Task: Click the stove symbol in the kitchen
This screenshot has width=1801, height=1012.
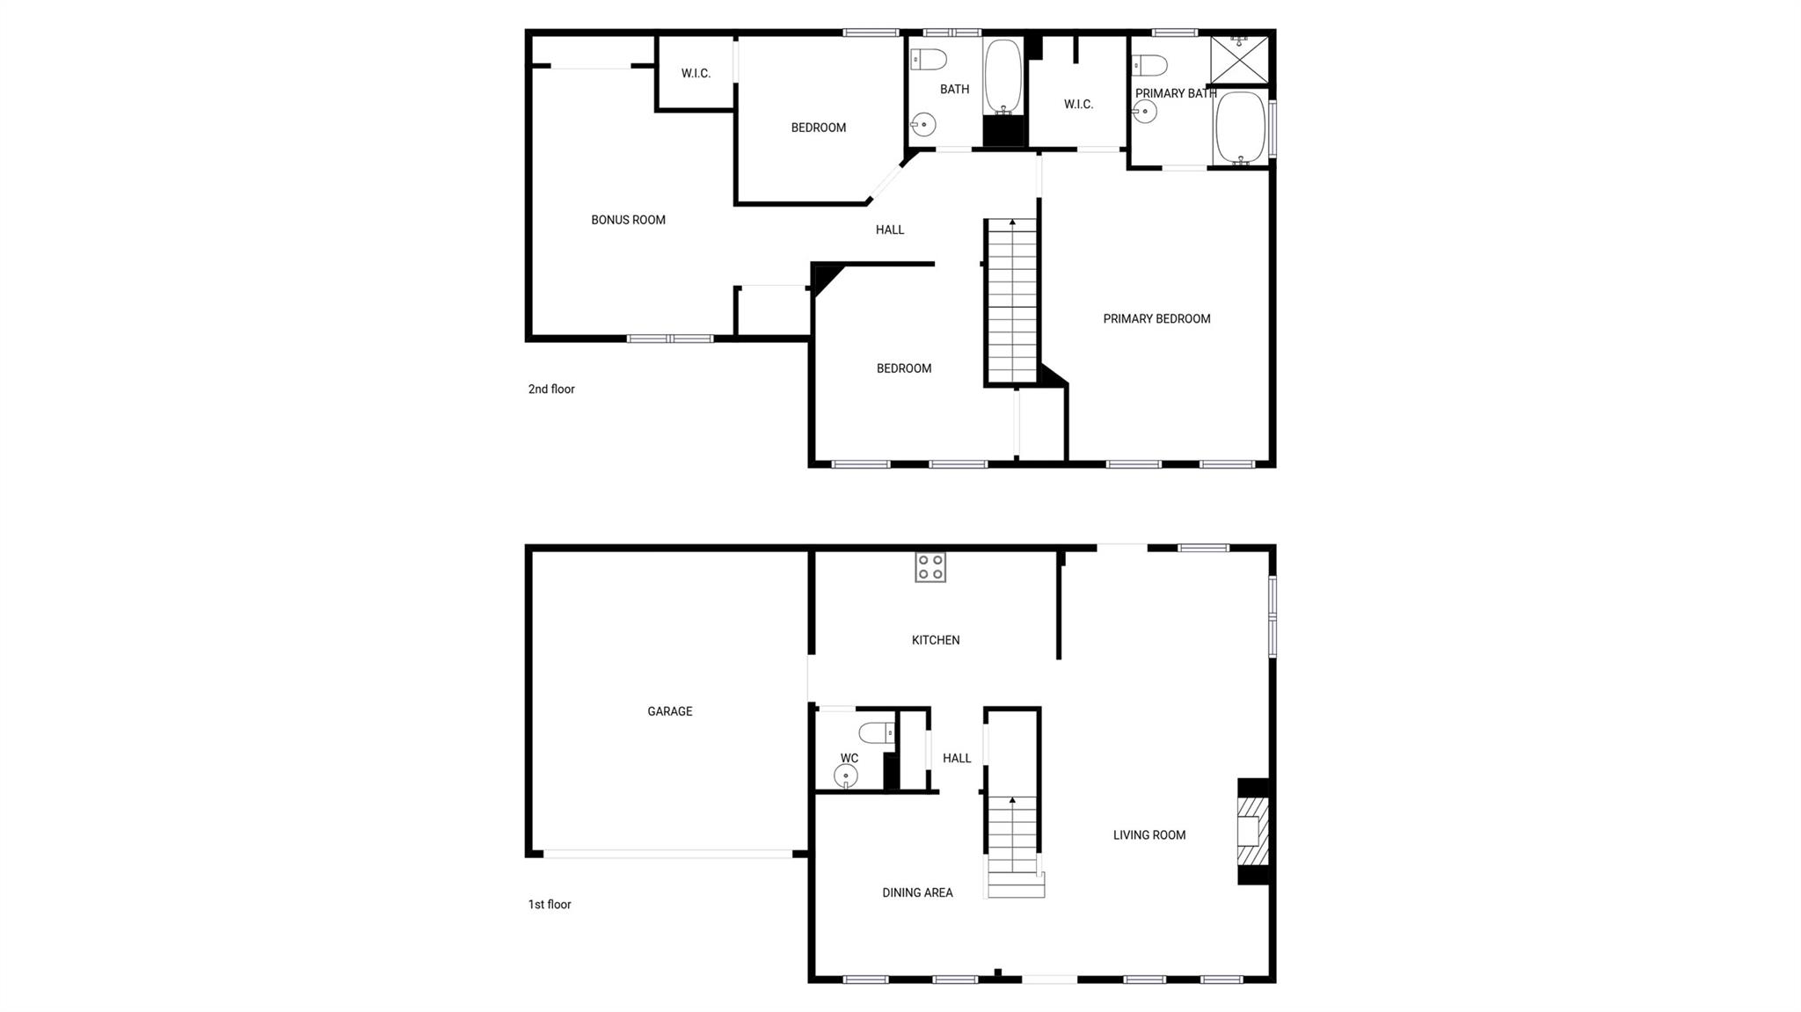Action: [x=930, y=567]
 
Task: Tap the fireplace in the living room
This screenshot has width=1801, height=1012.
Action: [x=1253, y=831]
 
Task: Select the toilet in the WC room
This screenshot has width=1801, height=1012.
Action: [x=877, y=732]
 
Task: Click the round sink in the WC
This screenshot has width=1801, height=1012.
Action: [x=846, y=776]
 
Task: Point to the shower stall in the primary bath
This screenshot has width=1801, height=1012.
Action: [x=1240, y=60]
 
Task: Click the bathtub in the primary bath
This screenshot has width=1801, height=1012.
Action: [x=1241, y=128]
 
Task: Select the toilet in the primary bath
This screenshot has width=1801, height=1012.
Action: [x=1149, y=65]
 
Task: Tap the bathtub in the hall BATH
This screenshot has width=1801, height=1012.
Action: [x=1003, y=76]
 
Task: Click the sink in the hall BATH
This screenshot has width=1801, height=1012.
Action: [x=922, y=125]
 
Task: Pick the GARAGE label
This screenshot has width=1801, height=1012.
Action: [x=670, y=711]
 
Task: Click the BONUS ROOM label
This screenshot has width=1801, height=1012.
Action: [x=628, y=220]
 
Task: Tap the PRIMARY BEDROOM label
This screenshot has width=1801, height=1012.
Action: [x=1156, y=318]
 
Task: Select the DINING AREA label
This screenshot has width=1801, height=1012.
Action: [x=917, y=892]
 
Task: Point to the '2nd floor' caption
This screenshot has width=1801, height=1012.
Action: [x=551, y=389]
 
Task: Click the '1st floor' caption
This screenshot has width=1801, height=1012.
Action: [x=550, y=904]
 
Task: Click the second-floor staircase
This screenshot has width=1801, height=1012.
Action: [x=1012, y=302]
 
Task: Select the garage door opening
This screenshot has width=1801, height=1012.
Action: [x=668, y=854]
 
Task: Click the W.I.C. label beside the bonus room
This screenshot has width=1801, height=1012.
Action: [x=696, y=74]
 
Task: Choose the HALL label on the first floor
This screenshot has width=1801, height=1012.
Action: [x=957, y=758]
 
